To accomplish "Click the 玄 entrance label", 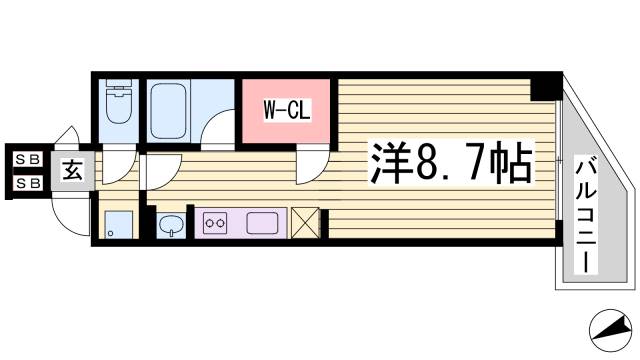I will (73, 171).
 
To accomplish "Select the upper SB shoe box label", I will (26, 158).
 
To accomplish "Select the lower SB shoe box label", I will (26, 183).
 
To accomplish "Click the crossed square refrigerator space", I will (304, 222).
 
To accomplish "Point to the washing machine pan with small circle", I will (118, 225).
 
